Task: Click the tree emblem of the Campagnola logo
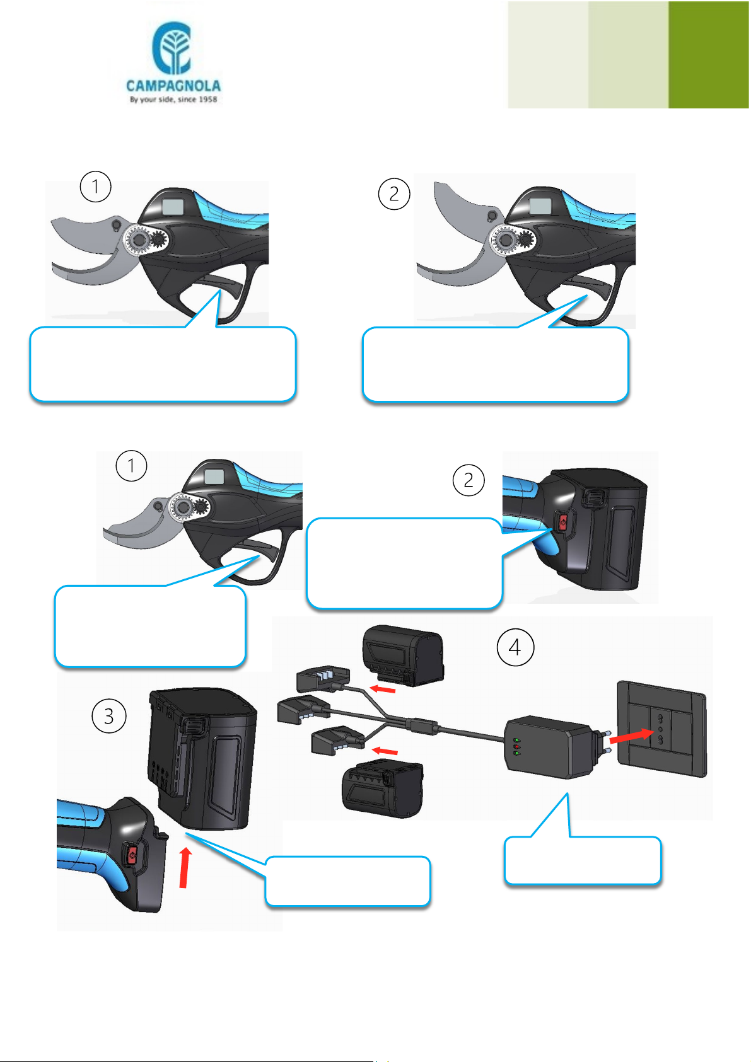click(172, 48)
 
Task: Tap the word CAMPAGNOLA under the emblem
click(173, 86)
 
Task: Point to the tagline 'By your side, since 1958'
click(173, 99)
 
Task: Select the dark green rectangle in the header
click(709, 55)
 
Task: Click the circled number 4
click(515, 647)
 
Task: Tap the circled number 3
click(108, 716)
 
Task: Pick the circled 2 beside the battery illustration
click(469, 480)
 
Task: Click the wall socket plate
click(662, 729)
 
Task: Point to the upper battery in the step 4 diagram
click(404, 655)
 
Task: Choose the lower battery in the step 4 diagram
click(382, 788)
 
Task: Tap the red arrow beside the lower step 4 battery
click(385, 751)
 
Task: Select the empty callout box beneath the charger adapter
click(583, 860)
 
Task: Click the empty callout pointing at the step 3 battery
click(347, 881)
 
